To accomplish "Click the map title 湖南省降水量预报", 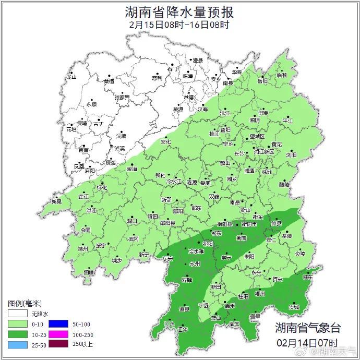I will (x=179, y=11).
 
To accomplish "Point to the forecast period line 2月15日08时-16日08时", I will (x=179, y=25).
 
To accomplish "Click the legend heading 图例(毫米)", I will (x=25, y=303).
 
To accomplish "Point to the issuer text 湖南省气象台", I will (x=308, y=328).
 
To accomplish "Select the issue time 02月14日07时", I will (x=308, y=343).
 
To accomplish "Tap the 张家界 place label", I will (x=122, y=97).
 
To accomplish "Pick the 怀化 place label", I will (x=102, y=187).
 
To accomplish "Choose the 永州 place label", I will (x=195, y=265).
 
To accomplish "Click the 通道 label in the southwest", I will (x=90, y=272).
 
